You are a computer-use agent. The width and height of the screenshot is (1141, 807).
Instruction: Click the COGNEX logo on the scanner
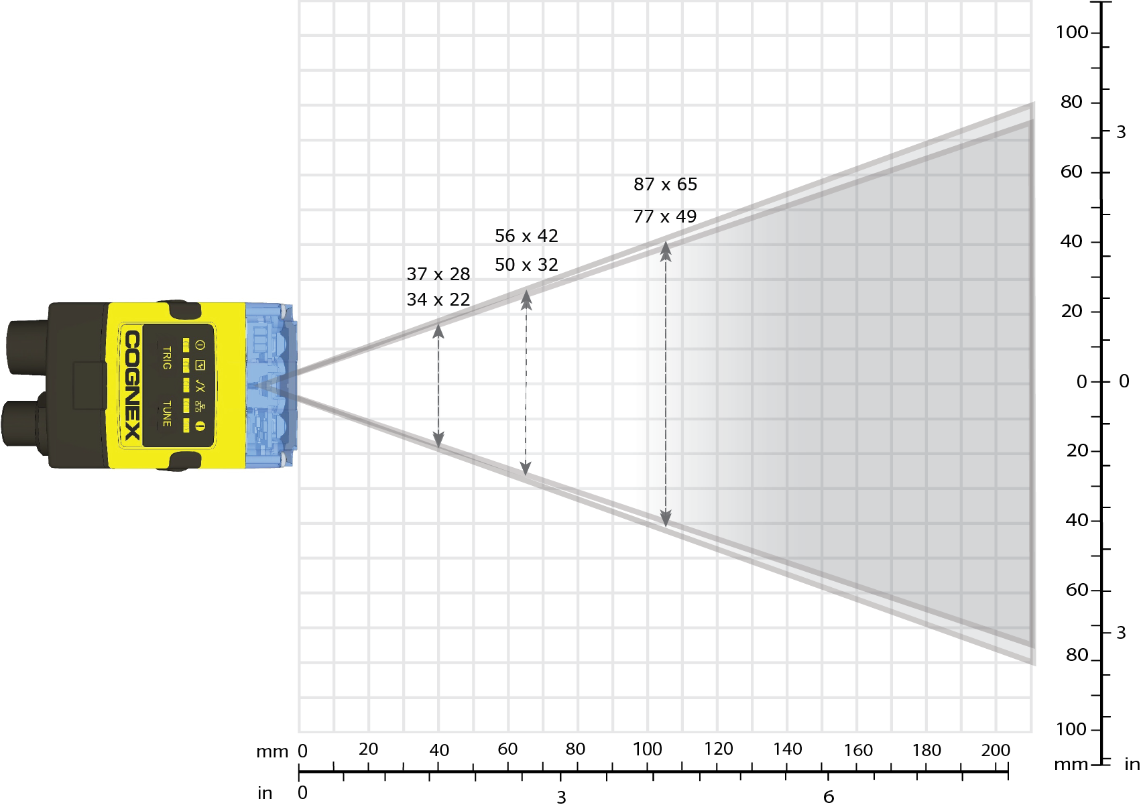click(133, 385)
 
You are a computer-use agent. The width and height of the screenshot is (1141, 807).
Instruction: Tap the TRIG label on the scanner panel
click(166, 358)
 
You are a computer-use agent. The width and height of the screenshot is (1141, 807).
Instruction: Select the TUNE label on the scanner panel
click(166, 414)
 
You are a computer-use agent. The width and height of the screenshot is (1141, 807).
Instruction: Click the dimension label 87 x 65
click(665, 184)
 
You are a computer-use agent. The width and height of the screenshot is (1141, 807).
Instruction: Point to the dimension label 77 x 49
click(665, 216)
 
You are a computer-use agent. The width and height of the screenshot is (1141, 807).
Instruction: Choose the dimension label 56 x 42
click(526, 236)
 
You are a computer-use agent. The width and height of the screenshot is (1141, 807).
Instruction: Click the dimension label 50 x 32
click(526, 265)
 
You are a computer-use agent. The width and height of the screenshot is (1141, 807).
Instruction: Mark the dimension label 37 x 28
click(438, 274)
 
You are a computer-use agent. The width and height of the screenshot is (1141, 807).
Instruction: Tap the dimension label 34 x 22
click(438, 300)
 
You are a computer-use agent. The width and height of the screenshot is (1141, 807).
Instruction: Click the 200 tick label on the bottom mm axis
click(996, 750)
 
